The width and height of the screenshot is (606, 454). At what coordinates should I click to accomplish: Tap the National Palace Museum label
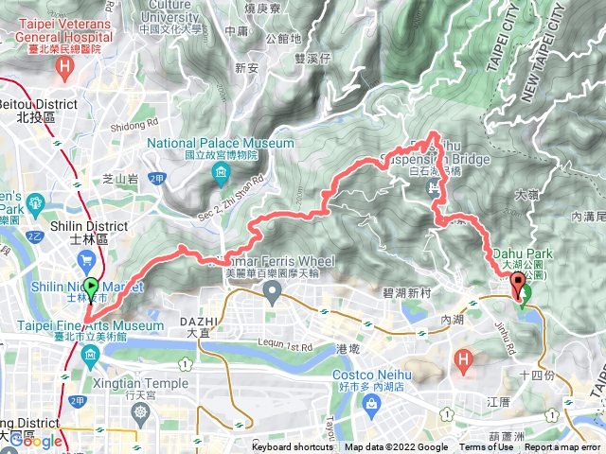(x=221, y=144)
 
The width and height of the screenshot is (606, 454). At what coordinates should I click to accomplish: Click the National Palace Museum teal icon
(x=221, y=172)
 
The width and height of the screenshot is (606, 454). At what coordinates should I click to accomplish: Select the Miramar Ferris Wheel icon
(x=273, y=295)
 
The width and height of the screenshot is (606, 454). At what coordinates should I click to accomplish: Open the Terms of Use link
(x=486, y=447)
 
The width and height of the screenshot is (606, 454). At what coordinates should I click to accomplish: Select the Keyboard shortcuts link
(x=294, y=447)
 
